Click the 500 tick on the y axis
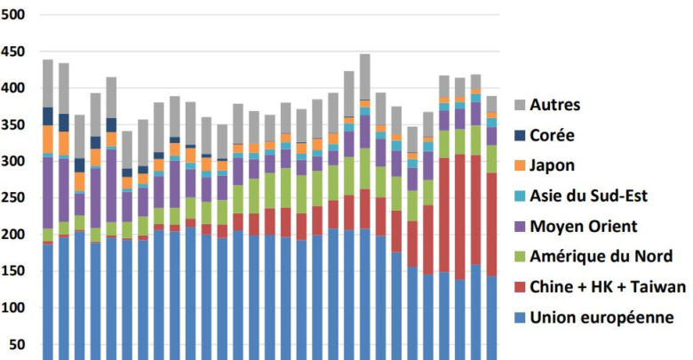[x=15, y=15]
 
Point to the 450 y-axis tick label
[x=15, y=52]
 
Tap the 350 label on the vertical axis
[x=15, y=125]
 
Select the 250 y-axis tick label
[x=15, y=198]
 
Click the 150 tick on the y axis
[x=15, y=271]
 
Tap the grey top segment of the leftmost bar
[x=48, y=84]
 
